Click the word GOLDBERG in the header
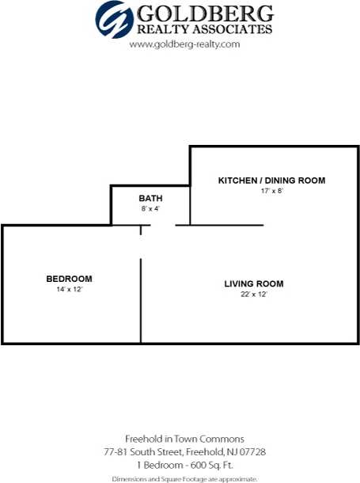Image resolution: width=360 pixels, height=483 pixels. click(x=206, y=13)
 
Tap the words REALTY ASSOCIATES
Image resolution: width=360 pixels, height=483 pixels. click(x=205, y=29)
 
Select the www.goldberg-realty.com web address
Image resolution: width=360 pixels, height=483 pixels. click(x=184, y=44)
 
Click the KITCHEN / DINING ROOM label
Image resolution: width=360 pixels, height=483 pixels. click(x=271, y=181)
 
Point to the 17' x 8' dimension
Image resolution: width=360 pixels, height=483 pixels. click(x=271, y=192)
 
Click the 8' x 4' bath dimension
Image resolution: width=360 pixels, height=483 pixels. click(x=150, y=209)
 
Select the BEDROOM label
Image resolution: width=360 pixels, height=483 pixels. click(x=69, y=279)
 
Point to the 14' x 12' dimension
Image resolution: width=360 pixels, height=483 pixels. click(x=69, y=290)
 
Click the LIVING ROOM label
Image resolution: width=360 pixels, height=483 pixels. click(x=253, y=283)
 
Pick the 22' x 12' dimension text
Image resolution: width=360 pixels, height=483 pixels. click(x=253, y=295)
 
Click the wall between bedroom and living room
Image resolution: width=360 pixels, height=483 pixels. click(x=141, y=301)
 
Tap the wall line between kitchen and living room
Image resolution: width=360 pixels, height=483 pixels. click(x=219, y=225)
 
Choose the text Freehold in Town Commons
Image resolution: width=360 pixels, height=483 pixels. click(x=184, y=439)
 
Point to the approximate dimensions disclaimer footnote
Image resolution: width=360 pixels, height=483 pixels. click(x=184, y=478)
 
